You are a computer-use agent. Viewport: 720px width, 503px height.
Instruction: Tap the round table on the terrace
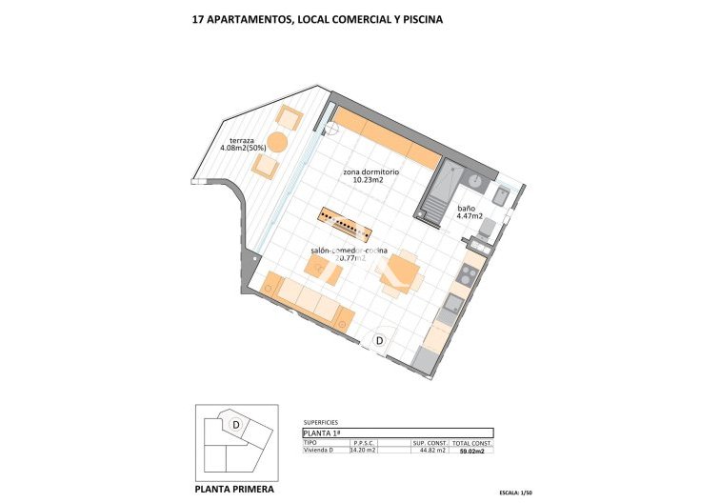click(x=277, y=143)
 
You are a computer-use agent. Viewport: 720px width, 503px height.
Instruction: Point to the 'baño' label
click(x=466, y=208)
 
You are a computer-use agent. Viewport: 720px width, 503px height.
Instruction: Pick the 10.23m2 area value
click(x=368, y=180)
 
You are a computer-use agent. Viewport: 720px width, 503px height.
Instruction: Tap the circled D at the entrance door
click(x=379, y=340)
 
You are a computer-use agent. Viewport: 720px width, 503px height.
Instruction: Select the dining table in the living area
click(x=398, y=274)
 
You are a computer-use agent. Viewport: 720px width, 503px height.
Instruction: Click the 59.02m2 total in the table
click(x=471, y=452)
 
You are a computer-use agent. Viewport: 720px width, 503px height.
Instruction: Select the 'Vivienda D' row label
click(x=318, y=451)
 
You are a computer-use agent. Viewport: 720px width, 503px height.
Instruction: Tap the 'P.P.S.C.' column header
click(x=365, y=443)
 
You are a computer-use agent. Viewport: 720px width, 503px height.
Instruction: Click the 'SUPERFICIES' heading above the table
click(x=320, y=421)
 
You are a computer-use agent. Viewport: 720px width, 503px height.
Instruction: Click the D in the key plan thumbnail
click(x=234, y=424)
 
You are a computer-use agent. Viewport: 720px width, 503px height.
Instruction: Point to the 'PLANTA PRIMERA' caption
click(x=234, y=489)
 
